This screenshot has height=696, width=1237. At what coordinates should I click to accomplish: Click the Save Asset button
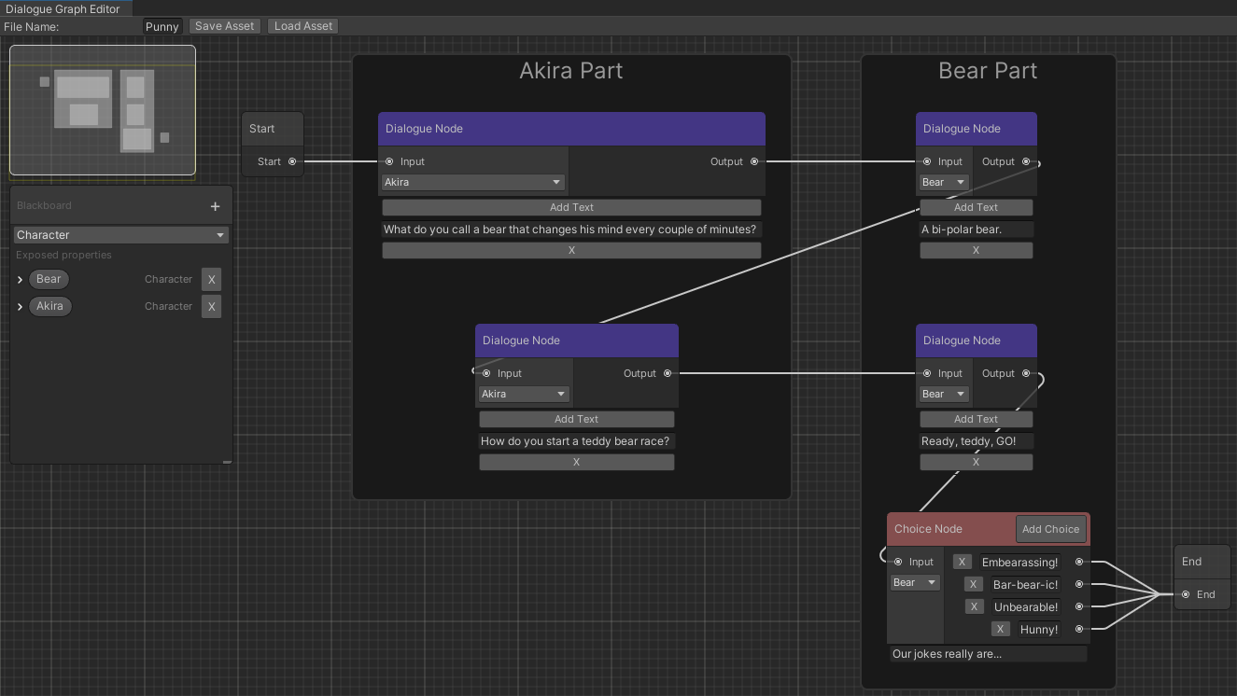pos(224,26)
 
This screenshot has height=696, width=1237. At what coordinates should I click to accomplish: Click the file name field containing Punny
pos(162,26)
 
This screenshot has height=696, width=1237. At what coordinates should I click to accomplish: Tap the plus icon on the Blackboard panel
pos(215,206)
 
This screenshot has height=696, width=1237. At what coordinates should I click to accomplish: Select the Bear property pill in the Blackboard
pos(49,279)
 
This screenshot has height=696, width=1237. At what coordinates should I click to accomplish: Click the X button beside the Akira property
pos(212,306)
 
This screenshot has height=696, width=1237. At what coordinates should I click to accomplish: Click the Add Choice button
pos(1050,529)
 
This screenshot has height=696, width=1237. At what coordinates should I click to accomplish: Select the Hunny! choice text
pos(1039,630)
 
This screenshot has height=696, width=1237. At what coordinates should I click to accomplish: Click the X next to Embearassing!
pos(963,563)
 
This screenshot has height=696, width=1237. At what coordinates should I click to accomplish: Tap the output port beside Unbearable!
pos(1079,607)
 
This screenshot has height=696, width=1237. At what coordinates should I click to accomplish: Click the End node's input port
pos(1186,594)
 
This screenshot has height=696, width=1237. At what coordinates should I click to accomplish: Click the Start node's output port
pos(292,161)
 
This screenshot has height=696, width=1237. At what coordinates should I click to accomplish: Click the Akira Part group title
pos(570,71)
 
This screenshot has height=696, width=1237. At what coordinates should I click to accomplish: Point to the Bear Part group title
pos(988,71)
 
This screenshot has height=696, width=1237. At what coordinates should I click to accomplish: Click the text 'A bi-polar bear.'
pos(976,230)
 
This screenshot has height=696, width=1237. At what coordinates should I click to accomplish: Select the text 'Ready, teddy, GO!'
pos(976,441)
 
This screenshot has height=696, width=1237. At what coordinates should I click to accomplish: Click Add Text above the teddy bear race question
pos(576,419)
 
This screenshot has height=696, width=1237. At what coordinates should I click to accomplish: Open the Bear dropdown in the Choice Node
pos(914,583)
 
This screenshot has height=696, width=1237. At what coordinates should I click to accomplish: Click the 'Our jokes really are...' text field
pos(988,654)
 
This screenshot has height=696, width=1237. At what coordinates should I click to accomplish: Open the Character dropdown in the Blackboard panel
pos(121,235)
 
